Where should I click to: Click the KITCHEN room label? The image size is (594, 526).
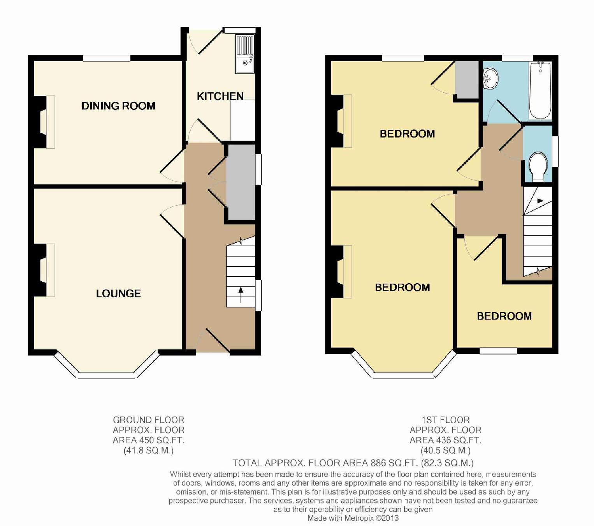[220, 96]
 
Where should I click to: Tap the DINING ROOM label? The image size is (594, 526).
[118, 106]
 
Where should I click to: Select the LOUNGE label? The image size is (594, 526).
[118, 293]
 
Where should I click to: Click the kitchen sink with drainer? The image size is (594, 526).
[245, 54]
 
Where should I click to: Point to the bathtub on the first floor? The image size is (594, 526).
[540, 91]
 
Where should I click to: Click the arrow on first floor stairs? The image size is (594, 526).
[535, 201]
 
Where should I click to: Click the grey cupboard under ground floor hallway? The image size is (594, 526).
[241, 182]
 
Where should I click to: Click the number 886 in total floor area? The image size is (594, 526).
[378, 463]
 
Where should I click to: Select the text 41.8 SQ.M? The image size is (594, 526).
[149, 450]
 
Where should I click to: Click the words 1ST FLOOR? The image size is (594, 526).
[446, 420]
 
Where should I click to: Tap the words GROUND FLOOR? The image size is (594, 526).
[149, 420]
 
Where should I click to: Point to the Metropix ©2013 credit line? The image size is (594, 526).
[353, 518]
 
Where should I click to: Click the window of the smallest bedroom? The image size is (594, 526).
[498, 351]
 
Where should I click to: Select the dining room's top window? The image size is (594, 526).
[107, 58]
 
